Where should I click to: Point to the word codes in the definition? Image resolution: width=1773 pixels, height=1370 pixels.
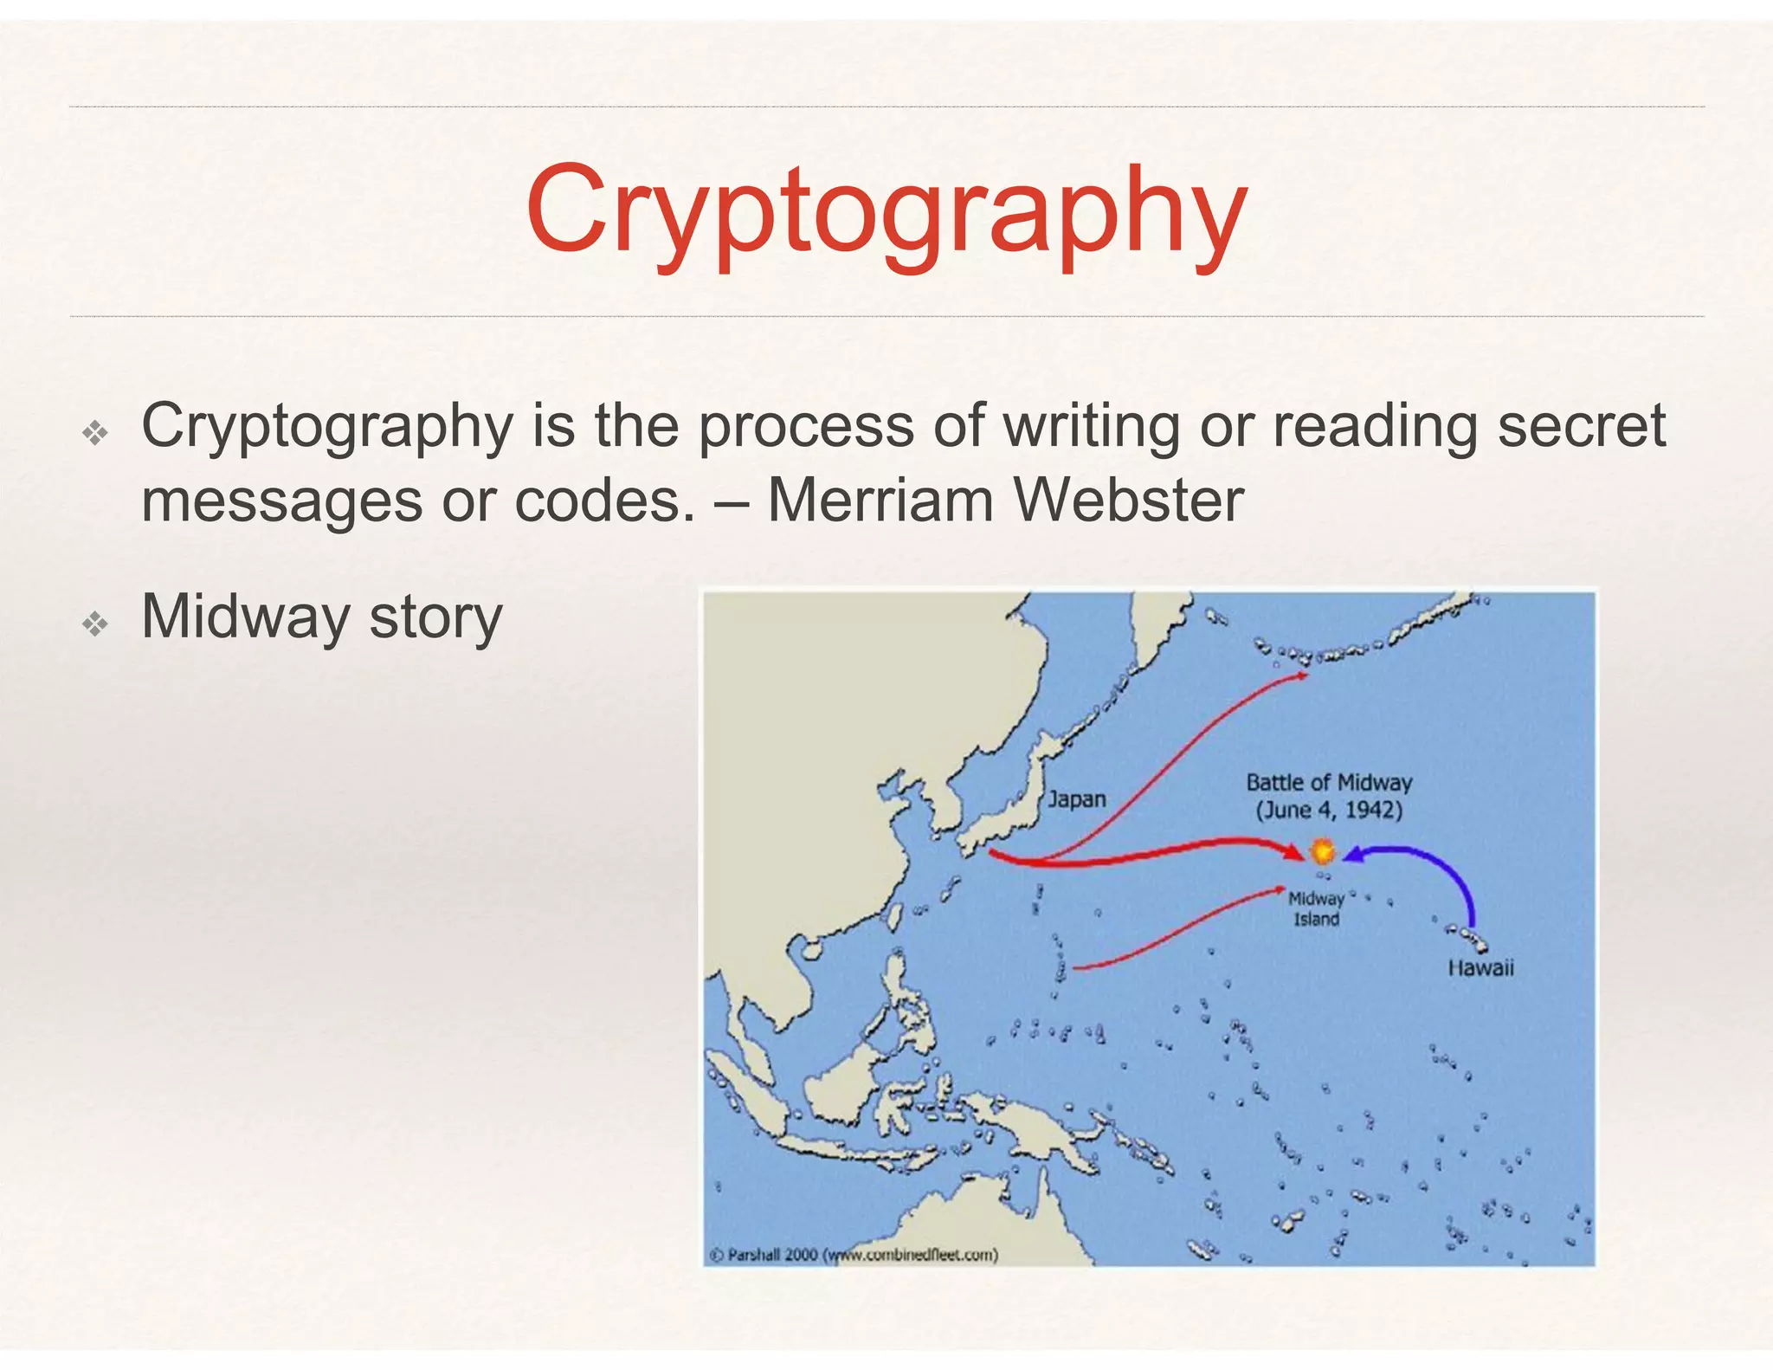pos(604,501)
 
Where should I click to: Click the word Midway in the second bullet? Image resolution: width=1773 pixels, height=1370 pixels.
pos(246,617)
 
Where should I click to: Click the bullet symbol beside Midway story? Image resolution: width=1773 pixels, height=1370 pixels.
pos(94,624)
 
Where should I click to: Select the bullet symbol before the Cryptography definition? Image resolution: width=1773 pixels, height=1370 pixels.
pos(94,432)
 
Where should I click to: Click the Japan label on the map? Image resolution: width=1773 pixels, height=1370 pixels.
pos(1076,799)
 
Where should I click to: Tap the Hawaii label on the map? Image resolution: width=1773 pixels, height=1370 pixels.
pos(1480,968)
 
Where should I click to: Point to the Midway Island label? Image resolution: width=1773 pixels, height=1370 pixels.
pos(1316,909)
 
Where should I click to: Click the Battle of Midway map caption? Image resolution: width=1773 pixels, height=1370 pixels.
pos(1329,783)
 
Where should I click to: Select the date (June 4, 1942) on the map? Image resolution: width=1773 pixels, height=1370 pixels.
pos(1329,811)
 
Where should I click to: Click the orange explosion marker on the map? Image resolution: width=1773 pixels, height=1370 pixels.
pos(1322,851)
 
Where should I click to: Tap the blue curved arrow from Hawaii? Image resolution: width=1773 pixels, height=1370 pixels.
pos(1437,870)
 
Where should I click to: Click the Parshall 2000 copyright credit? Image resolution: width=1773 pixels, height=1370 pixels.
pos(854,1255)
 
